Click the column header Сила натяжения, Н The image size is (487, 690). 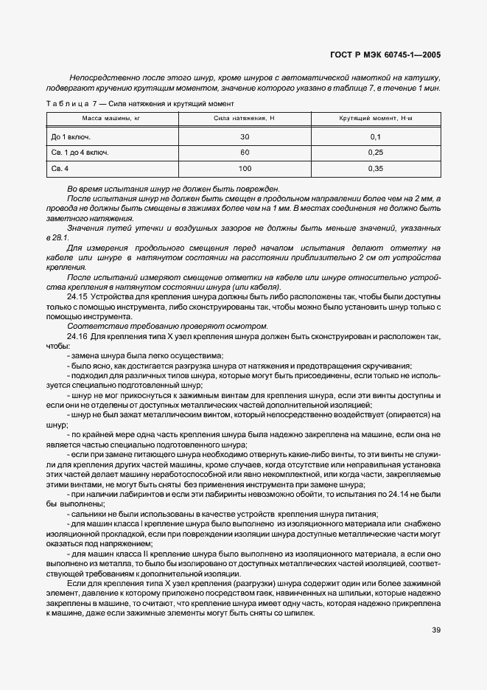click(x=244, y=119)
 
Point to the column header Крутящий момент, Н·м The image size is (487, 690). click(x=375, y=119)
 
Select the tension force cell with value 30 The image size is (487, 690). click(x=245, y=137)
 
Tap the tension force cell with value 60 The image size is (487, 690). click(x=245, y=153)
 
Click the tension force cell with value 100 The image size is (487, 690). click(x=245, y=168)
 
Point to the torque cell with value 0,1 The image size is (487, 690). click(x=375, y=137)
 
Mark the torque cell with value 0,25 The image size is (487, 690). click(x=375, y=153)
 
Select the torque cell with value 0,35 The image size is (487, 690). click(x=375, y=168)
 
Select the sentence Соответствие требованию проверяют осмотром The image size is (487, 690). click(x=167, y=326)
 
